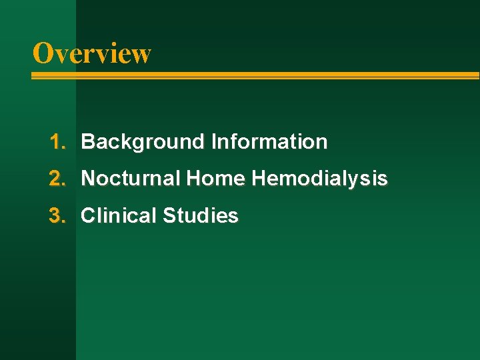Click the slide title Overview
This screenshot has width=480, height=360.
[x=92, y=53]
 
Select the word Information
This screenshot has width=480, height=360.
[x=269, y=142]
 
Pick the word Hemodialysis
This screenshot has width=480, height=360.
[x=319, y=179]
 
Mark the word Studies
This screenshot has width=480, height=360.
[x=201, y=216]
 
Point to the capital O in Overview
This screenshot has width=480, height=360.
[x=43, y=53]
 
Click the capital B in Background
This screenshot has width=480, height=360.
[x=87, y=142]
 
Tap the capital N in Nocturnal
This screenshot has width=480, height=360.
[x=87, y=179]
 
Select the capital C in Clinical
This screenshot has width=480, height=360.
[x=87, y=216]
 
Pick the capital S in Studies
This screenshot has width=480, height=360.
[x=169, y=216]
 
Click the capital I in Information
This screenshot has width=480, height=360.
[x=213, y=142]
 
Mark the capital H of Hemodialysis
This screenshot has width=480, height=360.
[x=258, y=179]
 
